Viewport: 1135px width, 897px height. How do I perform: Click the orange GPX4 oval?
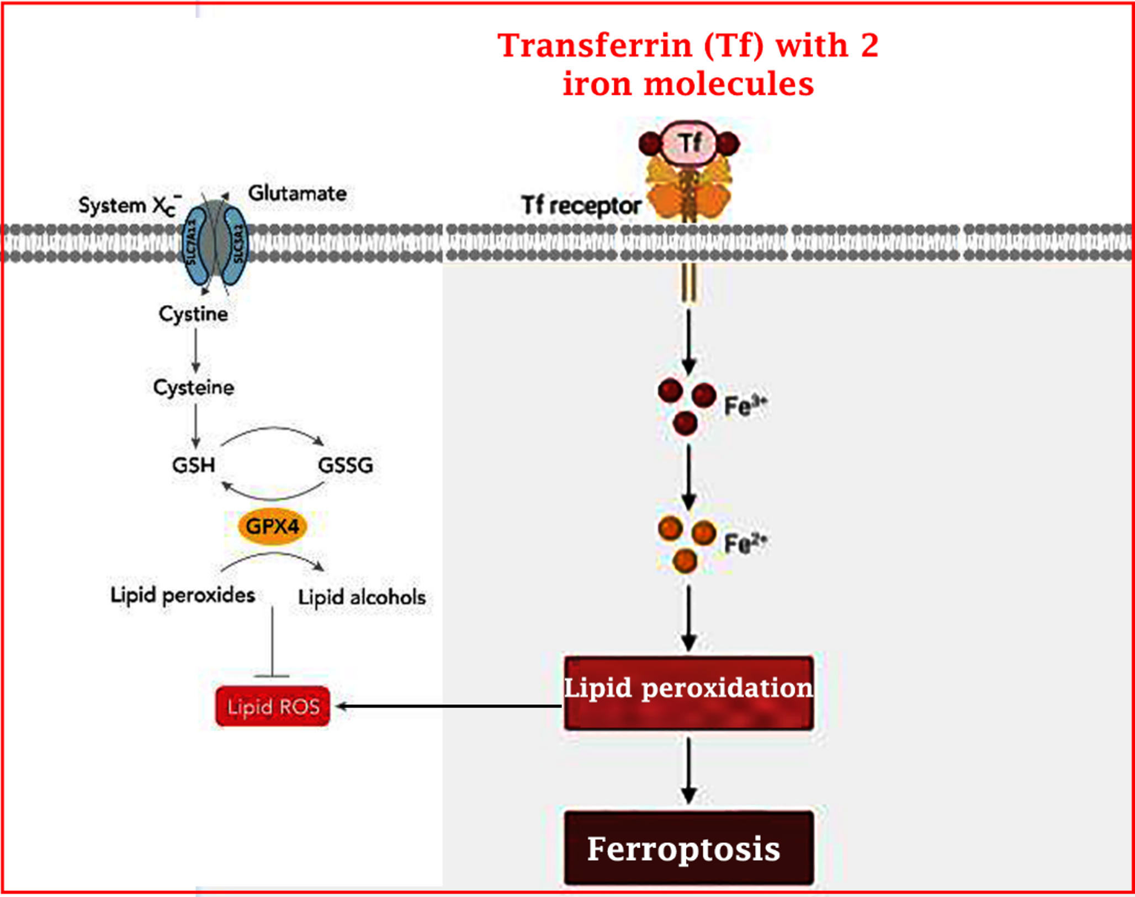(272, 526)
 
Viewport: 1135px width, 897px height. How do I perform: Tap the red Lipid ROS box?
(273, 706)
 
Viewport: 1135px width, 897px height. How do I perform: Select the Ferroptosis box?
(688, 848)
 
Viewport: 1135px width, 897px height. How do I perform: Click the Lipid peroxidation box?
(688, 693)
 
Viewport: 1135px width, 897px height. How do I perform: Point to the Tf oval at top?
(689, 143)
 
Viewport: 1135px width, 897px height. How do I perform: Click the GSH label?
(193, 464)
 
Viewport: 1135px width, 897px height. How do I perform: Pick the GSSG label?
(345, 465)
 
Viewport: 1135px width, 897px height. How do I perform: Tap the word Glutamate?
(297, 193)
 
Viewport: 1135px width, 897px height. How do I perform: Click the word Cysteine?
(193, 387)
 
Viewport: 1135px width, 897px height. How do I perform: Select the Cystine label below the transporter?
(193, 313)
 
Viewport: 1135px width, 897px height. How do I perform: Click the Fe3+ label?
(745, 405)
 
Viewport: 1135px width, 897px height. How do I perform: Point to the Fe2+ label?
(745, 543)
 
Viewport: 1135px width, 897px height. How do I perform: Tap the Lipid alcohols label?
(362, 597)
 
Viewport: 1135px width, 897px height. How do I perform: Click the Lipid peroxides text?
(182, 595)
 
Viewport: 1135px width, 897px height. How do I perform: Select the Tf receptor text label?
(581, 205)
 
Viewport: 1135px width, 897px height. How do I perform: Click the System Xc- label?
(128, 205)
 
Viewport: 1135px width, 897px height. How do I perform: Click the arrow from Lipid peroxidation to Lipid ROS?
(447, 706)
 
